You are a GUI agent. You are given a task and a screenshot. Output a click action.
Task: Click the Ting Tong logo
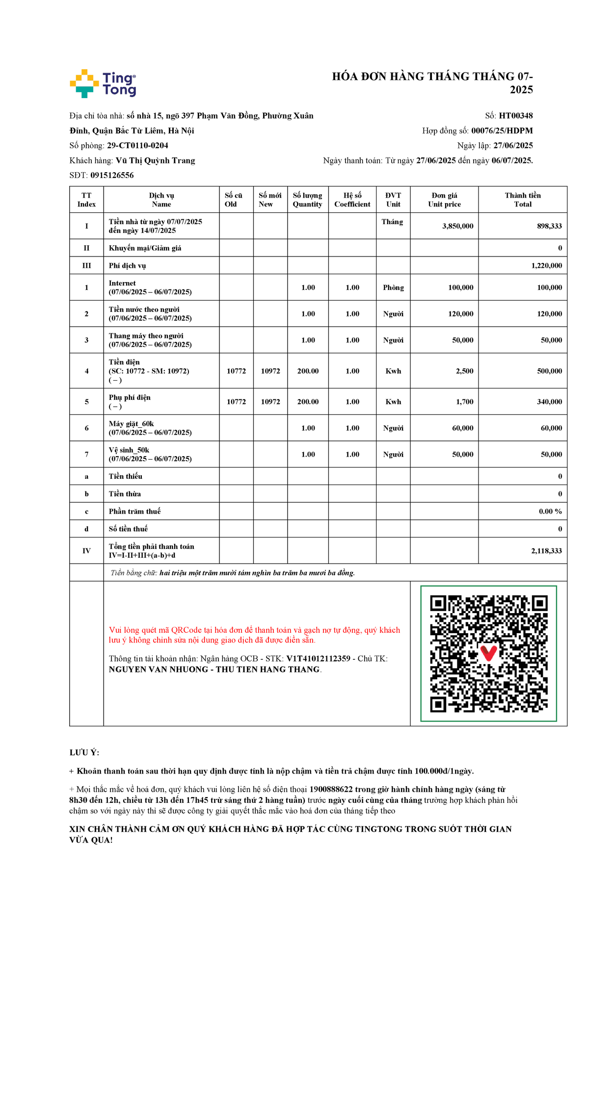pyautogui.click(x=103, y=83)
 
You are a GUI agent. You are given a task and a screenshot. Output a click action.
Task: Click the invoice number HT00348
pyautogui.click(x=515, y=116)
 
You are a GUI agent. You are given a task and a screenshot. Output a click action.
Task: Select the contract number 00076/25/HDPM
pyautogui.click(x=502, y=130)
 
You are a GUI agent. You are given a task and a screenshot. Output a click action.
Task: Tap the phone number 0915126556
pyautogui.click(x=112, y=175)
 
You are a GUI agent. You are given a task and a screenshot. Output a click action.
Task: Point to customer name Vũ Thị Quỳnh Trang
pyautogui.click(x=155, y=160)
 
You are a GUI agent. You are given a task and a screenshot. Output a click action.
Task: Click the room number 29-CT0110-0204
pyautogui.click(x=137, y=146)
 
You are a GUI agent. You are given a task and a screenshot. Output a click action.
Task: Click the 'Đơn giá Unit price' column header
pyautogui.click(x=444, y=200)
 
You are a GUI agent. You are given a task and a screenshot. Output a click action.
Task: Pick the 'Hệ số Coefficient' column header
pyautogui.click(x=352, y=200)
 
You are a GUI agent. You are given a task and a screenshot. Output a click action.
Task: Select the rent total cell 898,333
pyautogui.click(x=549, y=226)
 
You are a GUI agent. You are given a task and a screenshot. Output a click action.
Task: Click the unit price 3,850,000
pyautogui.click(x=457, y=226)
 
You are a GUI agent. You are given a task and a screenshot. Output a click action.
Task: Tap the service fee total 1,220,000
pyautogui.click(x=546, y=265)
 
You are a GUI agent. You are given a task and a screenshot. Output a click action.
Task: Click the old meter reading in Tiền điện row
pyautogui.click(x=236, y=371)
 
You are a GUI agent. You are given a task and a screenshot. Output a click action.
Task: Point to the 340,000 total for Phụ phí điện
pyautogui.click(x=549, y=402)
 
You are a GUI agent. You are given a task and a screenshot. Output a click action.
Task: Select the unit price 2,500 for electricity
pyautogui.click(x=464, y=371)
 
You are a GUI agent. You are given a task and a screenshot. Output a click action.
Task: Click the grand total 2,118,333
pyautogui.click(x=546, y=551)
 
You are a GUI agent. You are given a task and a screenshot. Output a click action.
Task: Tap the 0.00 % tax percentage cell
pyautogui.click(x=550, y=511)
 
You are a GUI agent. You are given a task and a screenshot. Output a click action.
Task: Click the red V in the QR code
pyautogui.click(x=488, y=653)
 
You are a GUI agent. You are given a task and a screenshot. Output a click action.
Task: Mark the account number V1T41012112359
pyautogui.click(x=318, y=659)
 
